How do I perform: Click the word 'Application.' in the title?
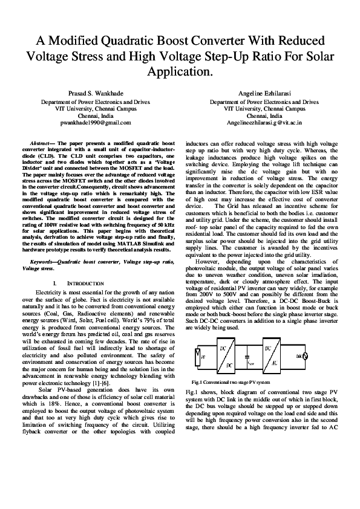coord(180,72)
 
